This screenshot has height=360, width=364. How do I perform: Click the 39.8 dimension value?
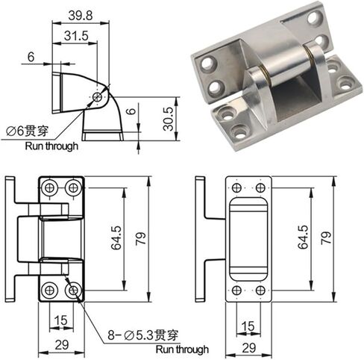pos(81,16)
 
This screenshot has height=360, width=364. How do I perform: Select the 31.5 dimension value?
pos(76,36)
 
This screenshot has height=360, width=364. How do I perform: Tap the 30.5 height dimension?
pos(169,119)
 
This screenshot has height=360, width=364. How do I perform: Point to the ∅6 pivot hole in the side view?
pos(97,97)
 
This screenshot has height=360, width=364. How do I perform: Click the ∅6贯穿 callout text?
pos(28,131)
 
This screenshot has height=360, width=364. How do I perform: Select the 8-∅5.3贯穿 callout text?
pos(142,335)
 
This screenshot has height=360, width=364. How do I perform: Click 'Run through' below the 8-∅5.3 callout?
pos(182,350)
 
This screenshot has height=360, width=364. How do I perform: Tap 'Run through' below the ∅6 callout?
pos(51,146)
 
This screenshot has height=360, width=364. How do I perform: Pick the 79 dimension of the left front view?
pos(141,239)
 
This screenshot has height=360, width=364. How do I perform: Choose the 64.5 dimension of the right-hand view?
pos(303,238)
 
